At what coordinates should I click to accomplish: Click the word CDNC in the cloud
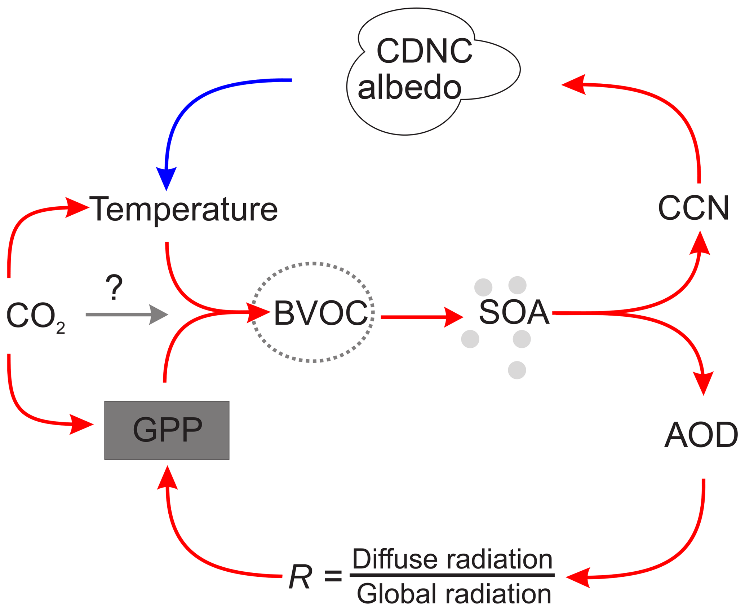pyautogui.click(x=424, y=51)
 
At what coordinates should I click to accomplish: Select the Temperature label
pyautogui.click(x=183, y=209)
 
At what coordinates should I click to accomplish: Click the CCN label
pyautogui.click(x=693, y=208)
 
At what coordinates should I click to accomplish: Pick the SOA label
pyautogui.click(x=514, y=312)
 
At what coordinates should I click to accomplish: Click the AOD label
pyautogui.click(x=701, y=435)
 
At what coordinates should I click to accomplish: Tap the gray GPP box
pyautogui.click(x=167, y=430)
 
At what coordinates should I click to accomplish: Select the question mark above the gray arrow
pyautogui.click(x=114, y=287)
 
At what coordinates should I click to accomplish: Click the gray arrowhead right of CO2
pyautogui.click(x=159, y=315)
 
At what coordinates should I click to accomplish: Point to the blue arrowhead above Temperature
pyautogui.click(x=166, y=177)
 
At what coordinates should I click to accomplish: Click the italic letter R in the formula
pyautogui.click(x=300, y=577)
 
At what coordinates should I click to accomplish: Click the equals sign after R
pyautogui.click(x=333, y=576)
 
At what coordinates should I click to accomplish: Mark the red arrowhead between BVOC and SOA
pyautogui.click(x=453, y=317)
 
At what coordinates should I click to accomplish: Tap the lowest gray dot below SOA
pyautogui.click(x=517, y=370)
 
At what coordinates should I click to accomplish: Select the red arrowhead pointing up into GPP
pyautogui.click(x=167, y=478)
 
